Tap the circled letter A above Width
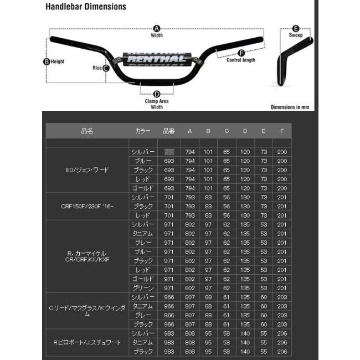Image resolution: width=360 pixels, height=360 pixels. (x=156, y=28)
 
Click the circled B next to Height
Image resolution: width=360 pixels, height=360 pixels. (x=47, y=61)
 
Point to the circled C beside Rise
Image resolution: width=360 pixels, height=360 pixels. (x=105, y=68)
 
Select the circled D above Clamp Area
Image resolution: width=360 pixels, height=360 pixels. (x=157, y=94)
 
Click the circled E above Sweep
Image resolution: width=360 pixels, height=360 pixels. (x=296, y=28)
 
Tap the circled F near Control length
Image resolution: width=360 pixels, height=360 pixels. (x=241, y=53)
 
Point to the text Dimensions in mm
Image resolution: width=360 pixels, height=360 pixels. (x=290, y=107)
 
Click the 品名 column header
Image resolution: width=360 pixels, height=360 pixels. (x=87, y=131)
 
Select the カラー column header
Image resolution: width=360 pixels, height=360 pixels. (x=142, y=131)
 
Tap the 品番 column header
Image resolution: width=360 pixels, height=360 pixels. (x=169, y=131)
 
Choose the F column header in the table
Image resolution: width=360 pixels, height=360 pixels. (x=282, y=131)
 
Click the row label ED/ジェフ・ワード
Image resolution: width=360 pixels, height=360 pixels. (x=88, y=170)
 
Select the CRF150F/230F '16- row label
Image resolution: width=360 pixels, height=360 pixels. (x=88, y=206)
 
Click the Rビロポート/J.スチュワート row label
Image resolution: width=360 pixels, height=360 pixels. (x=88, y=343)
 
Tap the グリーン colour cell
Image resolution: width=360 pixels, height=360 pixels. (x=143, y=288)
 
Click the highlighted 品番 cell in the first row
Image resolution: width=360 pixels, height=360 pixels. (x=169, y=152)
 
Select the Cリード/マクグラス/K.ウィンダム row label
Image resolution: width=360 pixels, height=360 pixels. (x=87, y=311)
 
